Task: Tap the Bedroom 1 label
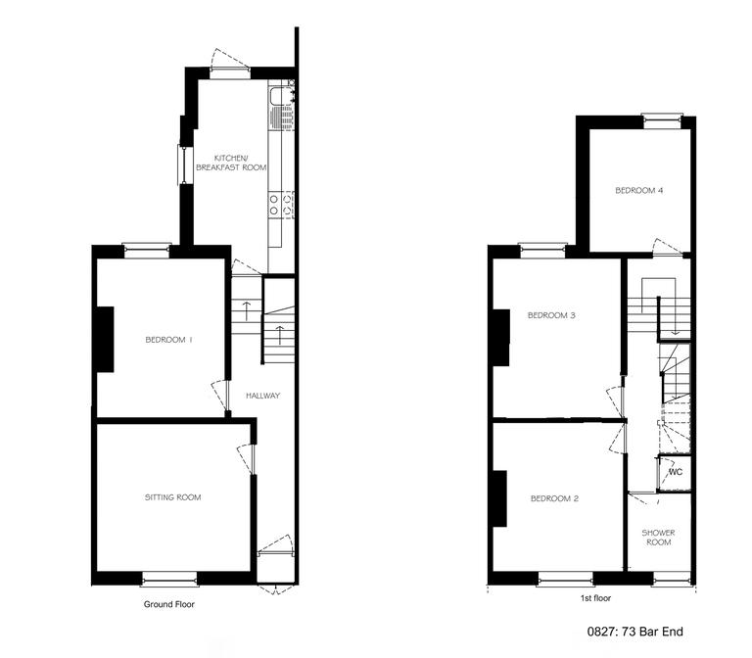point(168,340)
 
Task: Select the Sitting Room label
point(172,497)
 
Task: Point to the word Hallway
point(263,396)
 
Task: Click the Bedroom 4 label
point(639,191)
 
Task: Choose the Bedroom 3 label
point(551,315)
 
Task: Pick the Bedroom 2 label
point(554,498)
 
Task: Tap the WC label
point(675,473)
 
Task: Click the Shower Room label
point(657,538)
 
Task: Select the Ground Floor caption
point(168,604)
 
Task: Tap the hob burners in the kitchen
point(281,205)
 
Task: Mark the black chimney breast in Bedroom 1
point(105,339)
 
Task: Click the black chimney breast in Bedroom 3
point(501,337)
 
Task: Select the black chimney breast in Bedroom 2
point(499,497)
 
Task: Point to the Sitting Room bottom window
point(169,577)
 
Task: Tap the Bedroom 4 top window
point(661,119)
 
